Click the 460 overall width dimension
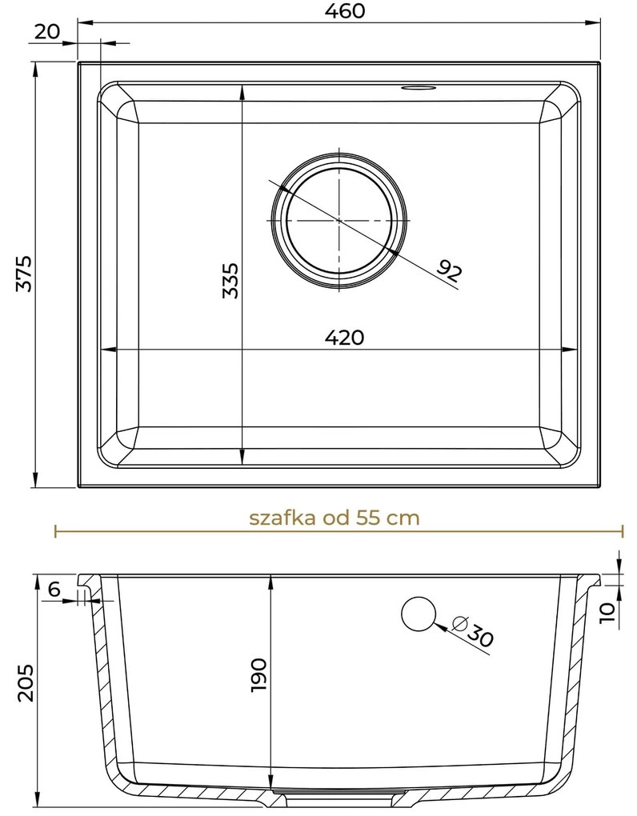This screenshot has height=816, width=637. (346, 12)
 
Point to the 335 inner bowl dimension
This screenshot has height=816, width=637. (231, 280)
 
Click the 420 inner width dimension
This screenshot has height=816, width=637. (344, 338)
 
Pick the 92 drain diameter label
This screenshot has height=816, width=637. (449, 272)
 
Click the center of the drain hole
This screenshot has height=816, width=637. (340, 218)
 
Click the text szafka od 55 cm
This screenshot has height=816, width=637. (334, 517)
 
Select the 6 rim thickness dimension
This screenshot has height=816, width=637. (54, 590)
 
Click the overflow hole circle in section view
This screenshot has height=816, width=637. (418, 614)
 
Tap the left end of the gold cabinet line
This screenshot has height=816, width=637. (54, 530)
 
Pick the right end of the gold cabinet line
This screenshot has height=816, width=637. (622, 530)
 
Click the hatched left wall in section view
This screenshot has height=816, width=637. (99, 680)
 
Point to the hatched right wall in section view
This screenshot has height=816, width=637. (575, 680)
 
